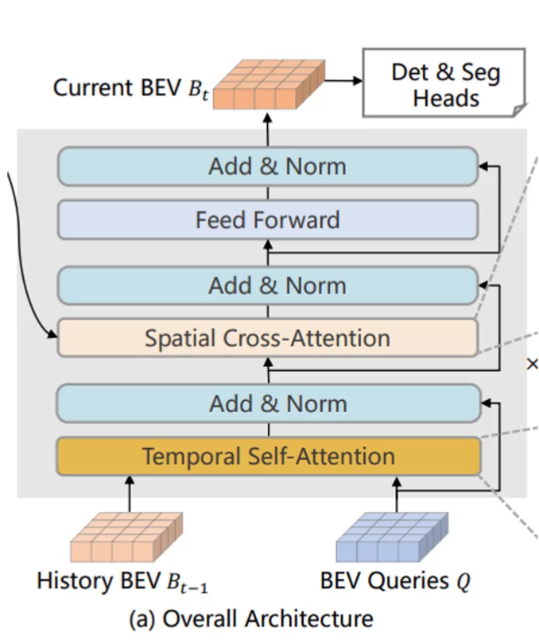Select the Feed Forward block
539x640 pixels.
[x=268, y=219]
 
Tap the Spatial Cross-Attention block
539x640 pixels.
[x=268, y=338]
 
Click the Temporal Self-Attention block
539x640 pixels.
[x=268, y=457]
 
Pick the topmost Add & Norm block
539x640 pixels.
[x=268, y=167]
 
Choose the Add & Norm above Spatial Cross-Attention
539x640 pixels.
[x=268, y=286]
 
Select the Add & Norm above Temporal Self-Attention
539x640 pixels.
[x=268, y=403]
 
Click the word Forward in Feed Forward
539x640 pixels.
[x=301, y=219]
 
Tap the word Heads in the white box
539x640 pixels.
[x=446, y=98]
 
